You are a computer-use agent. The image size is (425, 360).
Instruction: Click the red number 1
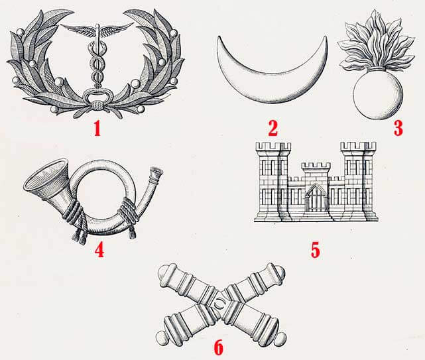pyautogui.click(x=97, y=128)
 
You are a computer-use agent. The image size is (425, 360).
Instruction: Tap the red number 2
pyautogui.click(x=273, y=128)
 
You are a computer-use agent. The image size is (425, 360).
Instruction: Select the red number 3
pyautogui.click(x=398, y=128)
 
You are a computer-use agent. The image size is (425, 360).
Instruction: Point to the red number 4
pyautogui.click(x=99, y=249)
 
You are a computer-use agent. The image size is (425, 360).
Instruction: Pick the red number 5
pyautogui.click(x=315, y=250)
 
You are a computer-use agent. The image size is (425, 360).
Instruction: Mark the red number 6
pyautogui.click(x=218, y=347)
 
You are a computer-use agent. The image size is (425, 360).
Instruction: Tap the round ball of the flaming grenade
pyautogui.click(x=378, y=94)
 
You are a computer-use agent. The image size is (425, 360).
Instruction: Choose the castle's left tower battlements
pyautogui.click(x=273, y=147)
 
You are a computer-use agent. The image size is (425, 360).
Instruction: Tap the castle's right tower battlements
pyautogui.click(x=358, y=147)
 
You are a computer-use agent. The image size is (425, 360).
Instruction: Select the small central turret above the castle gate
pyautogui.click(x=316, y=170)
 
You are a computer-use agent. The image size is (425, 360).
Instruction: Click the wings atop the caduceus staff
pyautogui.click(x=97, y=29)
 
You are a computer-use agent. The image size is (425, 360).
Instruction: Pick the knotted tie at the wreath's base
pyautogui.click(x=97, y=105)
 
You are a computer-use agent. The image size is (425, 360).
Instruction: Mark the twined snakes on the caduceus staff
pyautogui.click(x=97, y=65)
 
